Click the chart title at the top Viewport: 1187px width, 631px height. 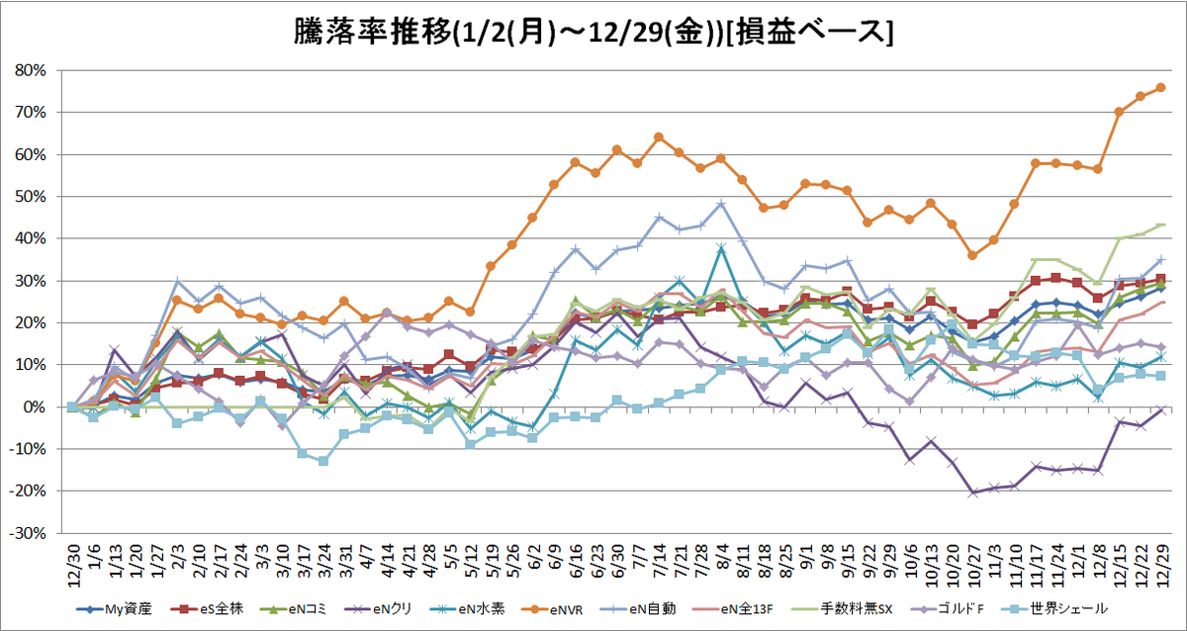coord(593,32)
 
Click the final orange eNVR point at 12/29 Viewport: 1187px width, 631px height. coord(1160,87)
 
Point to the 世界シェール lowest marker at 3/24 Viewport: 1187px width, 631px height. coord(322,461)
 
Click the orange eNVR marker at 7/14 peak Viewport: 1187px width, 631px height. coord(658,137)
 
